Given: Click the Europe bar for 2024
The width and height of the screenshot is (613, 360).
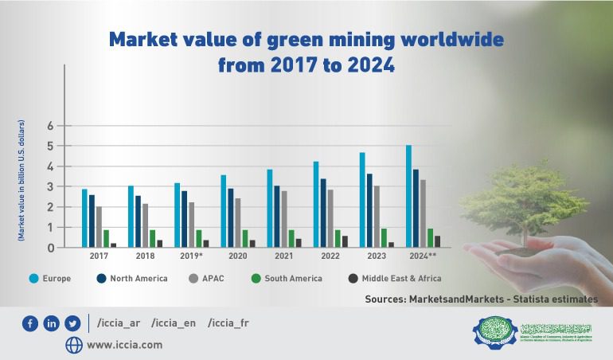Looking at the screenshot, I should click(x=408, y=196).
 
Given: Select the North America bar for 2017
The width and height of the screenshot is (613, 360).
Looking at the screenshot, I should click(x=92, y=221).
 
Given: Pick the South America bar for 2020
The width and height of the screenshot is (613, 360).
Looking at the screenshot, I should click(x=246, y=238).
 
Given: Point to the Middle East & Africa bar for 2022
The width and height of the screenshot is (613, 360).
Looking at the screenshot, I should click(x=345, y=241).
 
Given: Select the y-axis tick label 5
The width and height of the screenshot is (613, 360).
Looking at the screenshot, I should click(x=49, y=147).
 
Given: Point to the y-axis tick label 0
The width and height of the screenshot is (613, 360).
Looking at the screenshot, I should click(x=49, y=248).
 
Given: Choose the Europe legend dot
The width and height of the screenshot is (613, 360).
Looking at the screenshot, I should click(x=34, y=278).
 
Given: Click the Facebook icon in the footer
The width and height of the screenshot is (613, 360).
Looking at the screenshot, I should click(x=31, y=323).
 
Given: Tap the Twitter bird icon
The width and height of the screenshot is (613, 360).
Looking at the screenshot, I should click(x=72, y=323).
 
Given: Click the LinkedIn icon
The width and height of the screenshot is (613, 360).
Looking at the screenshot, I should click(x=52, y=323).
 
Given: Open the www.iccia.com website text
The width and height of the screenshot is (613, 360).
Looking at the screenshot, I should click(x=124, y=345).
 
